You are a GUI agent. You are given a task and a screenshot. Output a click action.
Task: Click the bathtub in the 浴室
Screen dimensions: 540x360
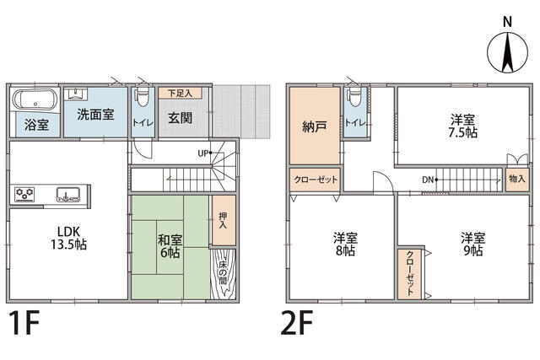tap(35, 99)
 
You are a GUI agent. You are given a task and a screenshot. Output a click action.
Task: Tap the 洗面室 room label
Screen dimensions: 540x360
tap(95, 115)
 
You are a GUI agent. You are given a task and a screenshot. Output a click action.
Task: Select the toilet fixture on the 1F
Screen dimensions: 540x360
tap(143, 99)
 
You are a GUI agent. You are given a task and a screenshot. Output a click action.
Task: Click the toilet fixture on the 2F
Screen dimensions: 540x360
tap(354, 99)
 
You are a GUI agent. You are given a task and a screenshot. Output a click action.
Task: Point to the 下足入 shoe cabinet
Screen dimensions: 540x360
tap(180, 93)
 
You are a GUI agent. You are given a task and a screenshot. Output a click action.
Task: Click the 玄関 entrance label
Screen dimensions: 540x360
tap(180, 118)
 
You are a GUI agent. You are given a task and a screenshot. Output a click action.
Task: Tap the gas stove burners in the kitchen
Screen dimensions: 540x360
tap(24, 195)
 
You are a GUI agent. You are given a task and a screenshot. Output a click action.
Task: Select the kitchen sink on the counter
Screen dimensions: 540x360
tap(68, 195)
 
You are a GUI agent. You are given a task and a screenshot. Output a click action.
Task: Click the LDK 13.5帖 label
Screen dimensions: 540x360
tap(69, 238)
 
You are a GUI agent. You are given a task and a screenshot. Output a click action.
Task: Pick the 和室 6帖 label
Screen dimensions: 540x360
tap(170, 246)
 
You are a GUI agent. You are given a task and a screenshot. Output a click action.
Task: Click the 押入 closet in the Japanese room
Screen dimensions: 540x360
tap(223, 220)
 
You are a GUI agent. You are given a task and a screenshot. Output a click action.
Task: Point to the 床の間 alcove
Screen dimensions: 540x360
tap(223, 274)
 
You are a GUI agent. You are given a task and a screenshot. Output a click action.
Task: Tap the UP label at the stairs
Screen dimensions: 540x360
tap(202, 153)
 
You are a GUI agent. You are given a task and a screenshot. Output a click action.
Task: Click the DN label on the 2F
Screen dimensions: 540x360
tap(428, 180)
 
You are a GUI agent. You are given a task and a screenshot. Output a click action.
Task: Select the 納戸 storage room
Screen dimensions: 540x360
tap(315, 126)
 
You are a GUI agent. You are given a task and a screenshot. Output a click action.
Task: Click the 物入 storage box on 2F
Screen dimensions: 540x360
tap(517, 179)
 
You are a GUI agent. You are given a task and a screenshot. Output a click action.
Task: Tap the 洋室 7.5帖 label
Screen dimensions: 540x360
tap(463, 126)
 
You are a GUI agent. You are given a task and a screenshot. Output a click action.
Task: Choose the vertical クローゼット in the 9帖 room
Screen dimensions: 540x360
tap(410, 274)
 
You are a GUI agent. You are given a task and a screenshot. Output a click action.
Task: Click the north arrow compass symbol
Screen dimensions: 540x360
tap(507, 52)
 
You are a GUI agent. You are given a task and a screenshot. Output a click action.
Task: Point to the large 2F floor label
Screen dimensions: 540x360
tap(297, 323)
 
